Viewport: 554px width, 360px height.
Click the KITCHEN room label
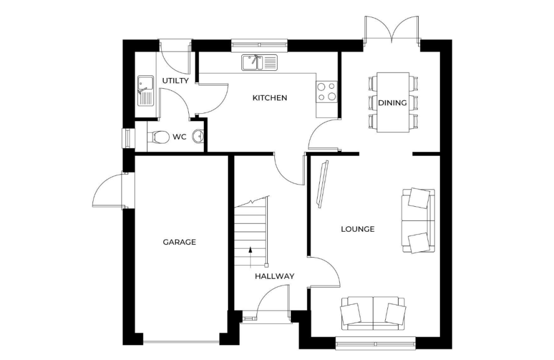(269, 98)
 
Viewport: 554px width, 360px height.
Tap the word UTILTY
(175, 81)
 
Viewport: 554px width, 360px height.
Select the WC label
(180, 137)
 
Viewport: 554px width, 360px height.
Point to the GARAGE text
(180, 242)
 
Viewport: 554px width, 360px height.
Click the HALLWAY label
(274, 276)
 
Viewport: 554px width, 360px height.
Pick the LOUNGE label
(358, 229)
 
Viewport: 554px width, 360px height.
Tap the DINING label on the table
(392, 103)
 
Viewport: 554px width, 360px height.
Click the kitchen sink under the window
(259, 62)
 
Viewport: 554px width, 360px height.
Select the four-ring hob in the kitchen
(326, 91)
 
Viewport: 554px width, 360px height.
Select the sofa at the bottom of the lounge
(372, 313)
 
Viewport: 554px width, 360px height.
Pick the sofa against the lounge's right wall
(418, 220)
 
